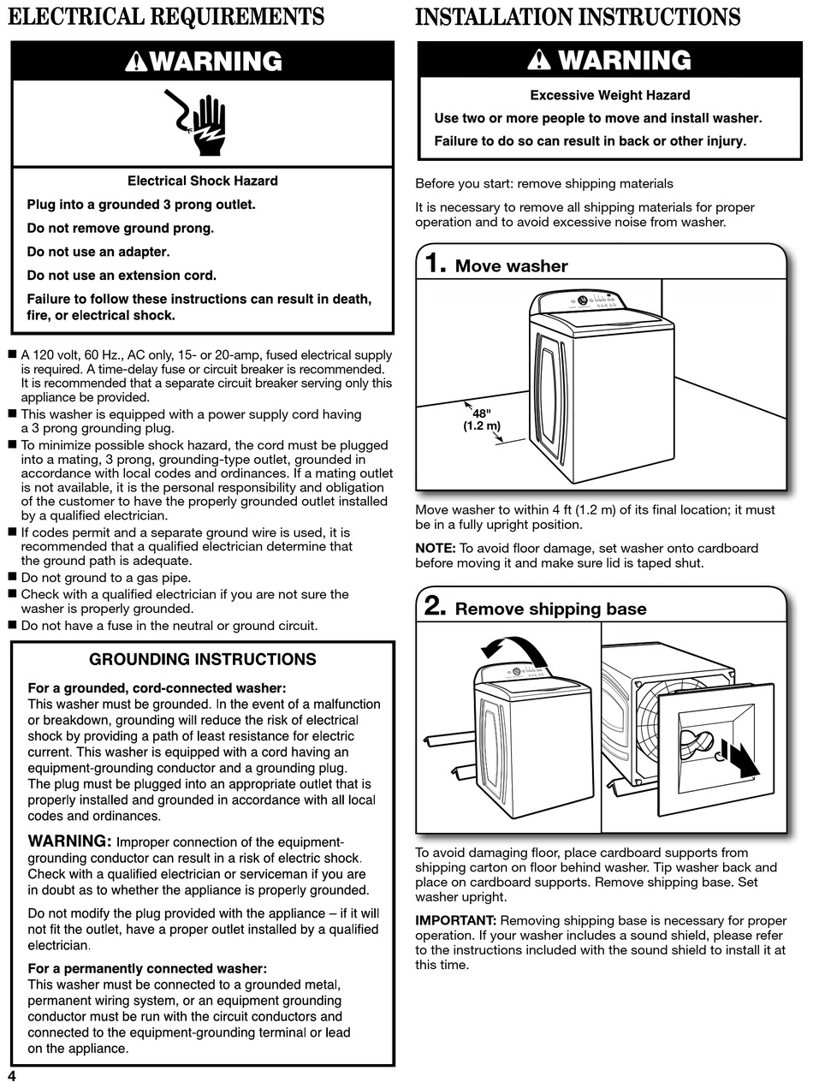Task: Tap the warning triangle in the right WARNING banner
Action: (540, 60)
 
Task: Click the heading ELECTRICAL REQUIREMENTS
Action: (166, 17)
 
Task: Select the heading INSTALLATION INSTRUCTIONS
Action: (578, 17)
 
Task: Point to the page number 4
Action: (11, 1075)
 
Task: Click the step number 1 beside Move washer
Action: (435, 264)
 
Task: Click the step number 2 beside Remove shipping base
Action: (435, 607)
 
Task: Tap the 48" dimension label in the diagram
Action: (482, 413)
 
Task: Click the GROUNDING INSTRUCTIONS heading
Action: (203, 659)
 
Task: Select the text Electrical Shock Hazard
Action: (203, 181)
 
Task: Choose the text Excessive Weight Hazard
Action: (609, 95)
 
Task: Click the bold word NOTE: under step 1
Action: (436, 548)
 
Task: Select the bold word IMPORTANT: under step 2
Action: (455, 920)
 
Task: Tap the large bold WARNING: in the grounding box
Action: (70, 841)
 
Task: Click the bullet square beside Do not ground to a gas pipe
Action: (12, 577)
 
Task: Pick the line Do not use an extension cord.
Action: (122, 276)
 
